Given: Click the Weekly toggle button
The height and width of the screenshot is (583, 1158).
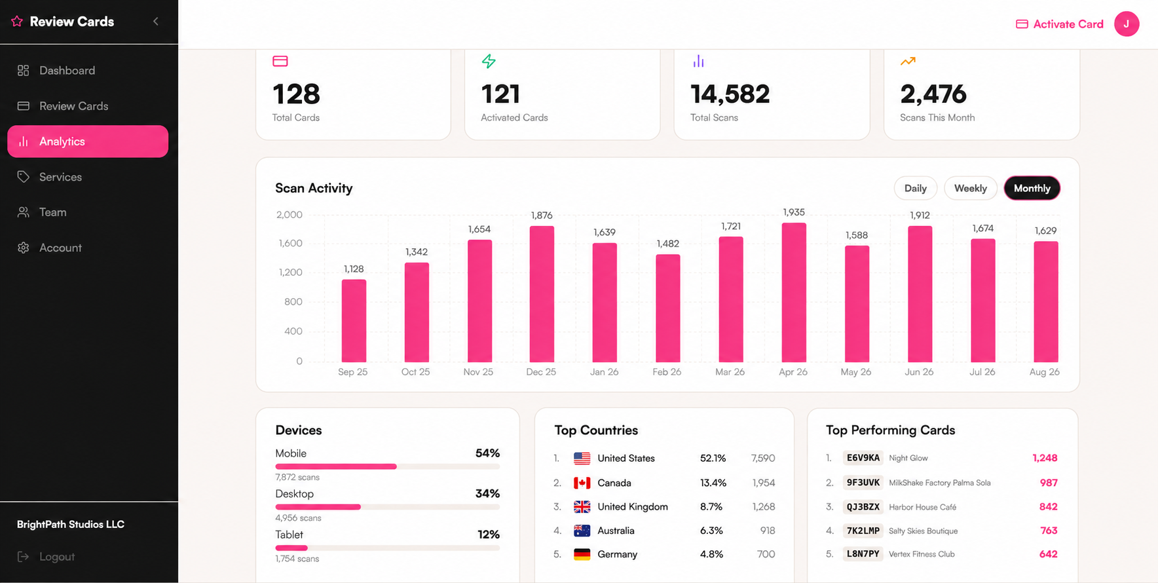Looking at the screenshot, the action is click(x=970, y=188).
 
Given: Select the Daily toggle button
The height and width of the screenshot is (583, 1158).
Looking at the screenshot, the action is click(x=915, y=188).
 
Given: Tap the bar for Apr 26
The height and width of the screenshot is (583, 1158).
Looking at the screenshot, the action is click(x=794, y=293).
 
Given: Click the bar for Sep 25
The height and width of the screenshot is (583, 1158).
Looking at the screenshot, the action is click(x=354, y=321).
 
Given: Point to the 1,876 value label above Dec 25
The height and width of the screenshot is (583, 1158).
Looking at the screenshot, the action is click(x=542, y=216).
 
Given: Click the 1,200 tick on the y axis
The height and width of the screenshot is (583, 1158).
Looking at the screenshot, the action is click(x=289, y=273).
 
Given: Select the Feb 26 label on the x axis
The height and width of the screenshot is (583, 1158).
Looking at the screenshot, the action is click(x=667, y=372).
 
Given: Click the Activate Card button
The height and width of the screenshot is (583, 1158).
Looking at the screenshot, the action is click(x=1059, y=24).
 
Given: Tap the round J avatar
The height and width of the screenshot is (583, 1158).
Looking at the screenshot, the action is click(x=1127, y=24).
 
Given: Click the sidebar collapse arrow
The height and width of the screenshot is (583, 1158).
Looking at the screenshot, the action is click(x=156, y=22).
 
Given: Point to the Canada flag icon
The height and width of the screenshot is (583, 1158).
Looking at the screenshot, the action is click(x=582, y=483).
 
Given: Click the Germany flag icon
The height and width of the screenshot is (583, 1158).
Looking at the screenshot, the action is click(x=582, y=554).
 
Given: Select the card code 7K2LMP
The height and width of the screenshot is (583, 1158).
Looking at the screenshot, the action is click(x=863, y=531).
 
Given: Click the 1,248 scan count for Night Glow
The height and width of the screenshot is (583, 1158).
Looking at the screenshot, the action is click(x=1045, y=458).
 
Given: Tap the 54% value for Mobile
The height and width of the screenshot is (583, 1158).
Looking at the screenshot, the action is click(x=487, y=453).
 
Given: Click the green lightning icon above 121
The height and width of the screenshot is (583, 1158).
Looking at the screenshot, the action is click(x=489, y=62).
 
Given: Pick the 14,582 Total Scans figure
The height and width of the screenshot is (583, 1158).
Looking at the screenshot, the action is click(x=730, y=94).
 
